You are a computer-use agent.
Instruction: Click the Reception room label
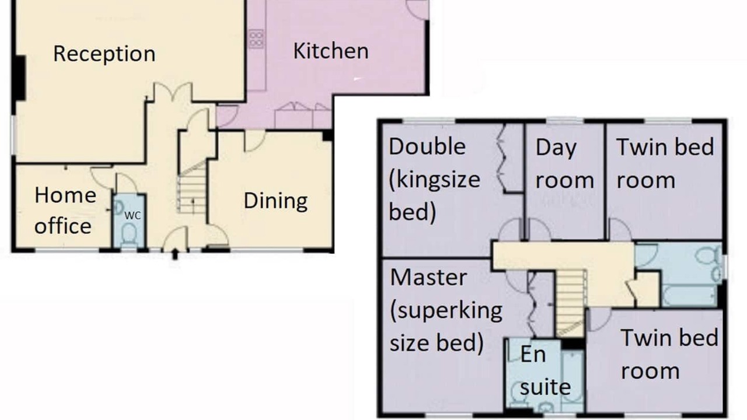[x=104, y=54]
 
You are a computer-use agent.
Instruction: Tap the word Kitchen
[x=331, y=51]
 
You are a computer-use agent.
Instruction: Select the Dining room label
[x=276, y=201]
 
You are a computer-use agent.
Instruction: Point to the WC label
[x=132, y=216]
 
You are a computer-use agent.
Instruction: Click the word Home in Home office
[x=65, y=195]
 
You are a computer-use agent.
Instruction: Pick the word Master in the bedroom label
[x=428, y=277]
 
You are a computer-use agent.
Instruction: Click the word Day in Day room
[x=556, y=148]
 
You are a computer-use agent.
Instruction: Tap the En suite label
[x=545, y=370]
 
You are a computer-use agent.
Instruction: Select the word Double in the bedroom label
[x=427, y=146]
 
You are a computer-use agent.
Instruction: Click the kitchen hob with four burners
[x=256, y=39]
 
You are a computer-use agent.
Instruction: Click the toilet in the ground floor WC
[x=129, y=234]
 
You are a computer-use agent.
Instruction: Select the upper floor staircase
[x=571, y=302]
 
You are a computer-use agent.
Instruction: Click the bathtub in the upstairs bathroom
[x=689, y=295]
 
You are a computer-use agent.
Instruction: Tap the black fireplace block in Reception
[x=20, y=78]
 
